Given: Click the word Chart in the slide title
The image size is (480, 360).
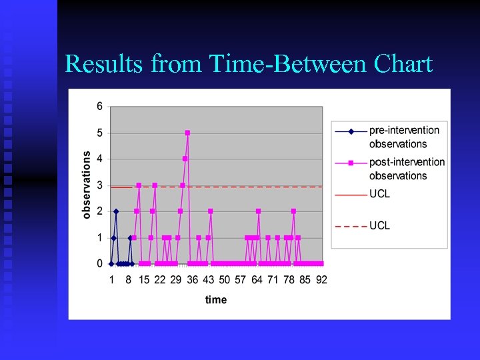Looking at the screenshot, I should coord(404,64).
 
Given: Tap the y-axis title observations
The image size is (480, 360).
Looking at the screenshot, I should coord(87,184).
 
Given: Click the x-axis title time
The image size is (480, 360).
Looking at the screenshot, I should coord(216,300).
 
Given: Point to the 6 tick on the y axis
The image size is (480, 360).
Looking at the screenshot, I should coord(99,106).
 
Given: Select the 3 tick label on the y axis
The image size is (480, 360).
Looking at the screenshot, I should coord(99,185).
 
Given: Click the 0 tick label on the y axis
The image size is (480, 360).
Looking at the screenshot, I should coord(99,264).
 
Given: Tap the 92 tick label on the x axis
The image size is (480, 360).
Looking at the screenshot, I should coord(321,280).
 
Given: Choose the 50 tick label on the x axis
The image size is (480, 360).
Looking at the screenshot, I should coord(225,280).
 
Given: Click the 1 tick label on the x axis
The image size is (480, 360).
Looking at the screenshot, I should coord(112,280).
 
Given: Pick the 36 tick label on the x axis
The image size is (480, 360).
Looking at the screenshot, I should coord(193,280).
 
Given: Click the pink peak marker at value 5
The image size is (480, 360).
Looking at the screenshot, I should coord(187,133).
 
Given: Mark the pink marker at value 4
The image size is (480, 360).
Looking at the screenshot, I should coord(185,159).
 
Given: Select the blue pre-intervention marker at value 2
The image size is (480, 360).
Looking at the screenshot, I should coord(116,211).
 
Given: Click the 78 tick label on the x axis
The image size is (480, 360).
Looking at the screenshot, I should coord(289,280).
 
